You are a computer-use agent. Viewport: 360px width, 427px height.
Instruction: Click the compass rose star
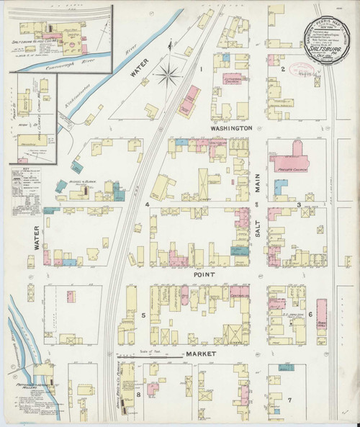click(170, 72)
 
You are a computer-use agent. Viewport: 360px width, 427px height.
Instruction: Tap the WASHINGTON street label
click(230, 127)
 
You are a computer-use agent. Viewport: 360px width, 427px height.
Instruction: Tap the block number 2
click(284, 69)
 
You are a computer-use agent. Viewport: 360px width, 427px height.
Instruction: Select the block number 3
click(298, 205)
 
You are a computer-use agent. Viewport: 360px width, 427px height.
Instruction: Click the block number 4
click(146, 205)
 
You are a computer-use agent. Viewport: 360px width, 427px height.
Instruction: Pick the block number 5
click(143, 315)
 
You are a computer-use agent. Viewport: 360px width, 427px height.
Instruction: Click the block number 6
click(310, 315)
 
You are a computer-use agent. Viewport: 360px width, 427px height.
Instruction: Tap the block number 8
click(138, 395)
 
